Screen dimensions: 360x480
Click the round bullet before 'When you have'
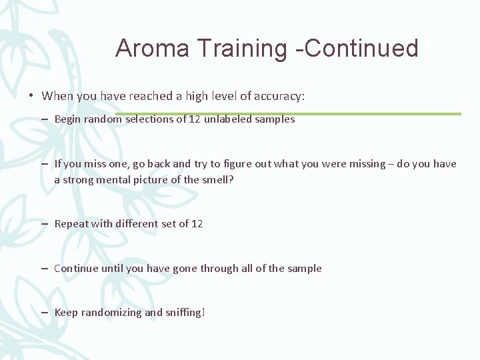(31, 96)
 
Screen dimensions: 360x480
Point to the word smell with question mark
(218, 179)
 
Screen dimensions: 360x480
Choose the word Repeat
(71, 224)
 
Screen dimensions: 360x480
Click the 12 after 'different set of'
(197, 224)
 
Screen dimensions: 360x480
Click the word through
(219, 269)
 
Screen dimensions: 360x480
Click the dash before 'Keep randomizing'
(43, 313)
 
